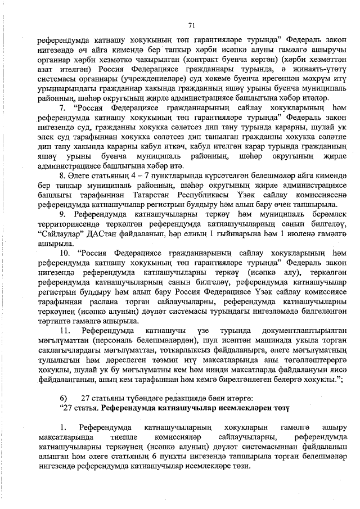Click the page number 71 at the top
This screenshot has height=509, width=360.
click(191, 25)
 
